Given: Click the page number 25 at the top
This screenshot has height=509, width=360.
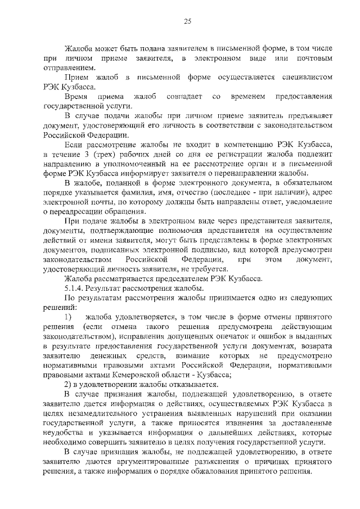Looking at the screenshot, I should tap(187, 21).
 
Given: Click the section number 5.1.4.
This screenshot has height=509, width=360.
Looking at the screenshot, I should tap(75, 290).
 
